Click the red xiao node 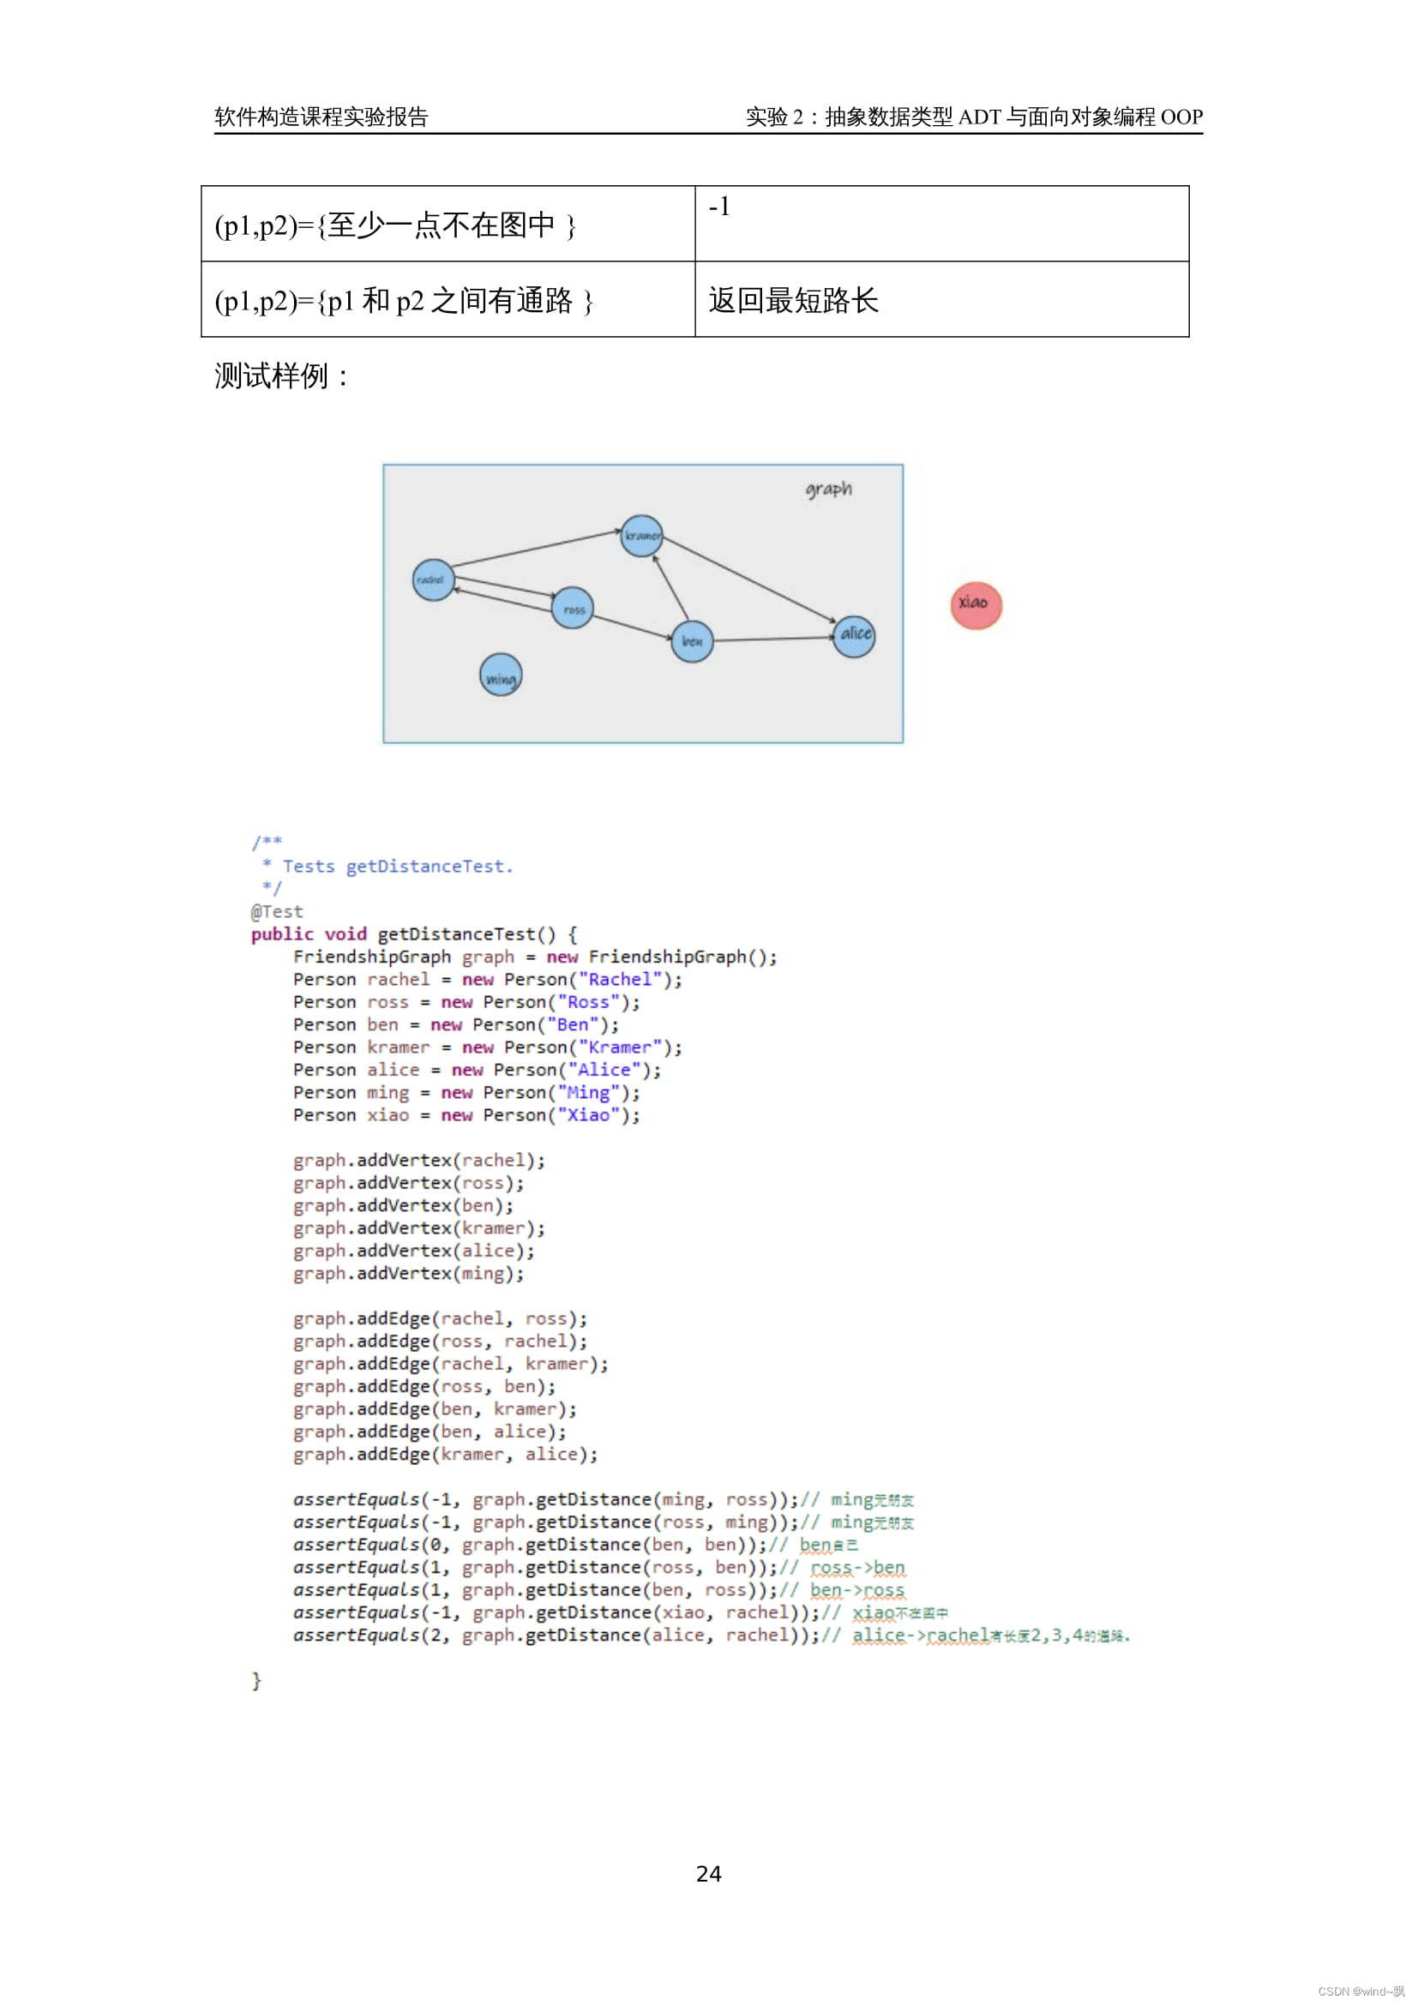(976, 605)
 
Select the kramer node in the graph (642, 535)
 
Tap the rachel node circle (433, 579)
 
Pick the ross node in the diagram (573, 608)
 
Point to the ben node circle (693, 641)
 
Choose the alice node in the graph (854, 635)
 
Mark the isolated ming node (501, 675)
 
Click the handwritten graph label (828, 489)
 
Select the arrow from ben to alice (772, 639)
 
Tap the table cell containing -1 (941, 223)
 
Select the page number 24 (708, 1873)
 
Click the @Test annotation (277, 912)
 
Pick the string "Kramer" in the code (620, 1047)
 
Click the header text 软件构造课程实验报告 (321, 117)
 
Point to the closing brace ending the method (255, 1680)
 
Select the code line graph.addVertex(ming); (409, 1273)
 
